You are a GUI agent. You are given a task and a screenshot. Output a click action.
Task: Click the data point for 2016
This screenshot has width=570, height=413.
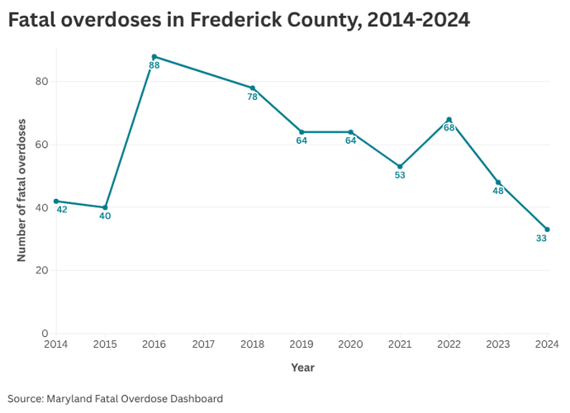pyautogui.click(x=154, y=57)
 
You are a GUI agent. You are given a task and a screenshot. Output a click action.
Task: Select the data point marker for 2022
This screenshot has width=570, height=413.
pyautogui.click(x=449, y=120)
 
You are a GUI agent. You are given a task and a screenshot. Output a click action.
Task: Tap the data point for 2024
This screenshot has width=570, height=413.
pyautogui.click(x=547, y=230)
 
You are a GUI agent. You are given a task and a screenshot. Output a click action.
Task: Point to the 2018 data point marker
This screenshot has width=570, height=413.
pyautogui.click(x=253, y=88)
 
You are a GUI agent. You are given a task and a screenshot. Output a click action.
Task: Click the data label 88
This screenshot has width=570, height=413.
pyautogui.click(x=154, y=65)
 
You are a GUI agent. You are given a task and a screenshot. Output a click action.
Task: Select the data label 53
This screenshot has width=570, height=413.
pyautogui.click(x=400, y=175)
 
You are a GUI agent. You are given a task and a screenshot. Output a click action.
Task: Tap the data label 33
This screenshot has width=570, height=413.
pyautogui.click(x=541, y=239)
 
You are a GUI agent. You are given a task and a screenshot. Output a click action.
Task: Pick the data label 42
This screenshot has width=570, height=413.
pyautogui.click(x=62, y=210)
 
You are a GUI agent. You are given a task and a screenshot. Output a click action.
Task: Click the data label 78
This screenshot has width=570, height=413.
pyautogui.click(x=253, y=97)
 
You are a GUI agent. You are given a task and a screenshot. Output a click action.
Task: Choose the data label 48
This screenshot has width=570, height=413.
pyautogui.click(x=498, y=191)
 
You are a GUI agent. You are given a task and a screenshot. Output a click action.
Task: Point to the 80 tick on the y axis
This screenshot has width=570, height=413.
pyautogui.click(x=41, y=82)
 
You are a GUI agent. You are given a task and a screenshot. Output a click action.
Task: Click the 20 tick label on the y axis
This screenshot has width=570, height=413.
pyautogui.click(x=41, y=270)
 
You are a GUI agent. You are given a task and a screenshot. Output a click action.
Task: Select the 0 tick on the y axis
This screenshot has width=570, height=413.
pyautogui.click(x=45, y=334)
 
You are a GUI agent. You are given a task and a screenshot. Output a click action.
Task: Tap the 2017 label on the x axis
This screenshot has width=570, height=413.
pyautogui.click(x=203, y=344)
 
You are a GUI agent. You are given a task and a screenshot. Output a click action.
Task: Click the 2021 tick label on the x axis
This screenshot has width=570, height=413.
pyautogui.click(x=400, y=344)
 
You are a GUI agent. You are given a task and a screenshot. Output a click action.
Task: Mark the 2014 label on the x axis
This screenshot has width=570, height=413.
pyautogui.click(x=56, y=344)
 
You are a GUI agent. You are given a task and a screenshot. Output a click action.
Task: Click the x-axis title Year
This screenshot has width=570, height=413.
pyautogui.click(x=302, y=368)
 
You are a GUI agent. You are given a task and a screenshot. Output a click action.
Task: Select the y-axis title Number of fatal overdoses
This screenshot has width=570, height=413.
pyautogui.click(x=21, y=191)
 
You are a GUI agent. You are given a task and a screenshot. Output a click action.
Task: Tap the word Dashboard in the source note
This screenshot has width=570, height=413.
pyautogui.click(x=195, y=398)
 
